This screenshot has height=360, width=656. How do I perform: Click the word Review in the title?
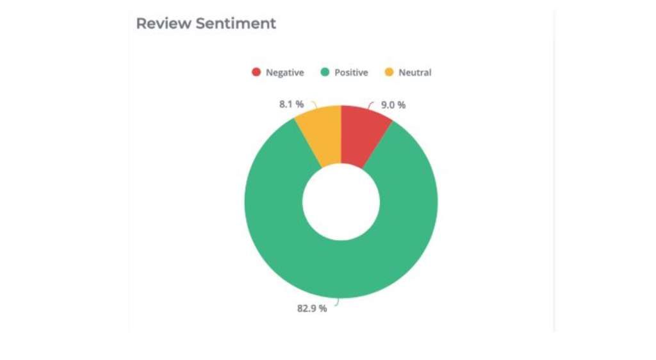pos(163,24)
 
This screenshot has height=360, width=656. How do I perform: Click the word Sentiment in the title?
pos(236,24)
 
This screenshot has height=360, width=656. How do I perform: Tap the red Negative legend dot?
pos(256,72)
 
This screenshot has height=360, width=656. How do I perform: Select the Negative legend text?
pos(284,73)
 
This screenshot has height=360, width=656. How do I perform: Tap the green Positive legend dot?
pos(325,72)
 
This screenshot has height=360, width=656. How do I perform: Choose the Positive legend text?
pos(351,73)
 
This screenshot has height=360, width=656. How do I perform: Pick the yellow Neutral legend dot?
pos(389,72)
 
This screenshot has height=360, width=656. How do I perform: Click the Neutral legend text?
pos(414,73)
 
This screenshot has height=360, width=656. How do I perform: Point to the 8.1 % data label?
pos(291,104)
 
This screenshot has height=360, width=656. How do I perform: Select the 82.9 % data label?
pos(312,308)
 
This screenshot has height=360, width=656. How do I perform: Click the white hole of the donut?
pos(341,201)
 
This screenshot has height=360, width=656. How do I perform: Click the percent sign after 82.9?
pos(323,308)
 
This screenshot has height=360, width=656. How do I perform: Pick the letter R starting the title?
pos(141,24)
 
